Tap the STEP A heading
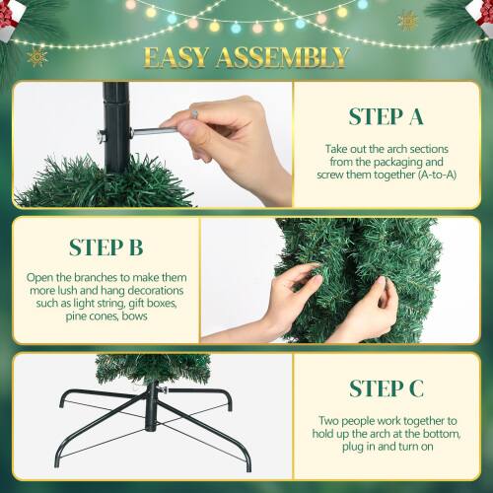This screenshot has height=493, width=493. coord(387,117)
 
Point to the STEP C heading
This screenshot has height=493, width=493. coord(387,387)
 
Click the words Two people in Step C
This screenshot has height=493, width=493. coord(347,419)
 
